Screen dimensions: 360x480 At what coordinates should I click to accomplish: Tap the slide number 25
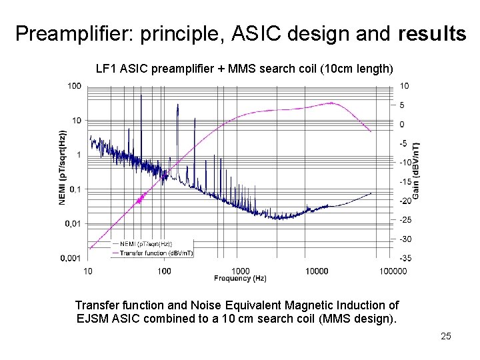(x=445, y=336)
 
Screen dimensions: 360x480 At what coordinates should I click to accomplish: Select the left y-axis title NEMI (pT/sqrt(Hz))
(x=63, y=167)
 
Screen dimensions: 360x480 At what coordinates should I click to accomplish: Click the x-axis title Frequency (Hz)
(x=240, y=277)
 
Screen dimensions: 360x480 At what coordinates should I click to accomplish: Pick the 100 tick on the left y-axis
(x=75, y=86)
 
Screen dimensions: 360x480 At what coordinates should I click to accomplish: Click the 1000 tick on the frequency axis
(x=241, y=271)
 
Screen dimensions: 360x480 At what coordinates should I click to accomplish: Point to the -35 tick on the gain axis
(x=405, y=258)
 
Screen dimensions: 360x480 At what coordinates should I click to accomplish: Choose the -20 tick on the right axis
(x=405, y=201)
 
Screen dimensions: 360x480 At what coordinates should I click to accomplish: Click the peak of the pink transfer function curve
(x=331, y=103)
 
